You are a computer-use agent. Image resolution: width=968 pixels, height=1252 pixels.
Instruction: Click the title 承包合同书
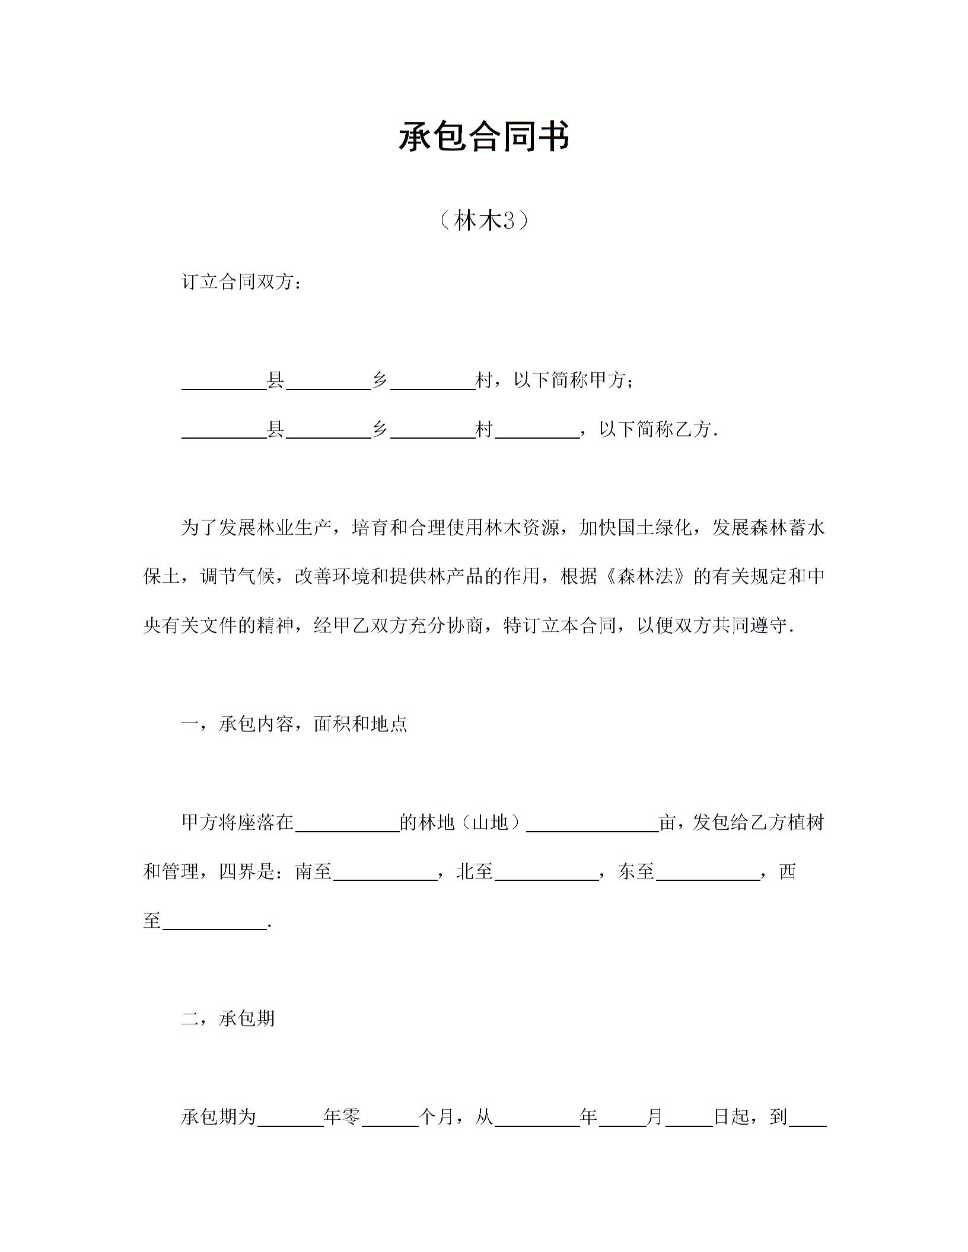point(483,137)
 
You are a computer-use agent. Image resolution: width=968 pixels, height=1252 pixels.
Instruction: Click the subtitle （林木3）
point(484,221)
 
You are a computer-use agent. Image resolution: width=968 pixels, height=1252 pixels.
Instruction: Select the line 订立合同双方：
point(243,282)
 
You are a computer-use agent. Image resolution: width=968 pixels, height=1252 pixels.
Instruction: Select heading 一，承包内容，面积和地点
point(294,724)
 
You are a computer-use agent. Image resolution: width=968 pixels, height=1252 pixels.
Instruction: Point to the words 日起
point(731,1117)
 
